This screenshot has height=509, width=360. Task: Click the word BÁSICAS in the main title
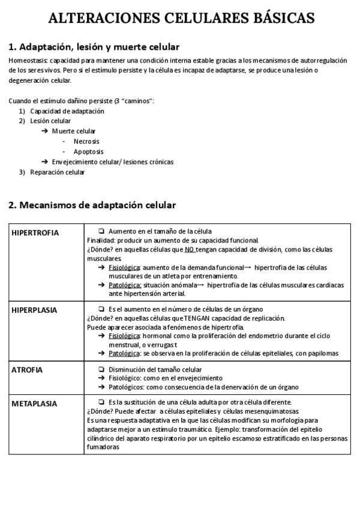pyautogui.click(x=281, y=19)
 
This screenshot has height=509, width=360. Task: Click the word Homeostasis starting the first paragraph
pyautogui.click(x=29, y=61)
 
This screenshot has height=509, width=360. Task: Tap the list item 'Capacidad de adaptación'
pyautogui.click(x=67, y=111)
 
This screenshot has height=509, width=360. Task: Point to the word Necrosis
pyautogui.click(x=86, y=142)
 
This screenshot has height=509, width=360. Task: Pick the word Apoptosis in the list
pyautogui.click(x=88, y=152)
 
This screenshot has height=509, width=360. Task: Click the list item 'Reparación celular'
pyautogui.click(x=58, y=172)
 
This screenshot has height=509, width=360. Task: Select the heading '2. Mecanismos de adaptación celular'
pyautogui.click(x=92, y=205)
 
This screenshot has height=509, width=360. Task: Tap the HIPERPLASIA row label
pyautogui.click(x=34, y=310)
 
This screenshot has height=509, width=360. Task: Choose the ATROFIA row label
pyautogui.click(x=27, y=370)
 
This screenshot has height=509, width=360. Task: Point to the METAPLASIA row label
pyautogui.click(x=34, y=403)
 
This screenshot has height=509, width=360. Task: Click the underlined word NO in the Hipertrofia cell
pyautogui.click(x=190, y=249)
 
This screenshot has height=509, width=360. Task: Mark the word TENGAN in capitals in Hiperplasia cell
pyautogui.click(x=204, y=318)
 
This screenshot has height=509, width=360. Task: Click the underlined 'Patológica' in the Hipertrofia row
pyautogui.click(x=125, y=285)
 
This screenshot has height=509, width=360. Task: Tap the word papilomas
pyautogui.click(x=324, y=354)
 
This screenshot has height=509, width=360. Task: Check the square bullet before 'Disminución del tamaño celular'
pyautogui.click(x=101, y=370)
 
